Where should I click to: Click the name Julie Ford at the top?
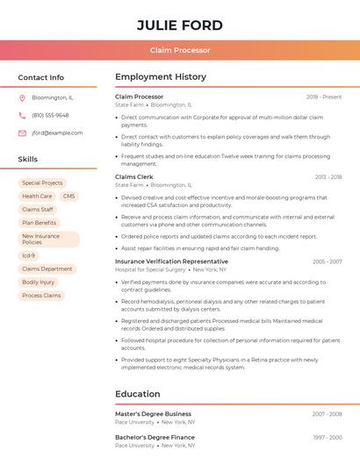click(x=180, y=25)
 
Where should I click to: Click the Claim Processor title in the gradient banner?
click(x=180, y=50)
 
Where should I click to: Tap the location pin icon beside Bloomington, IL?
click(x=22, y=97)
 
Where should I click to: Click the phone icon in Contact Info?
click(x=22, y=115)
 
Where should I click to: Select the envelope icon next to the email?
click(x=22, y=133)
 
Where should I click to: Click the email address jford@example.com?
click(x=57, y=133)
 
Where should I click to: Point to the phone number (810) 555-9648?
click(x=50, y=115)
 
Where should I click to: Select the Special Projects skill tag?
click(x=42, y=183)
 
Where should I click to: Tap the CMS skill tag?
click(x=68, y=197)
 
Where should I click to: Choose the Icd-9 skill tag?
click(x=29, y=255)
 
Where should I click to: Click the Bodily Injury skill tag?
click(x=38, y=283)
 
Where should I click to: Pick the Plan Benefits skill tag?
click(x=39, y=223)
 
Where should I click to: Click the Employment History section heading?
click(x=161, y=77)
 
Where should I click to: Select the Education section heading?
click(x=138, y=394)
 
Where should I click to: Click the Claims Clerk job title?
click(x=134, y=176)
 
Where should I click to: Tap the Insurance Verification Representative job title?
click(x=171, y=261)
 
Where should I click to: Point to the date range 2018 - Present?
click(x=324, y=97)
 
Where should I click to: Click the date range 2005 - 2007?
click(x=327, y=261)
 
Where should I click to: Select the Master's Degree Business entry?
click(x=153, y=413)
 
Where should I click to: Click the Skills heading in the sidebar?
click(x=28, y=160)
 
